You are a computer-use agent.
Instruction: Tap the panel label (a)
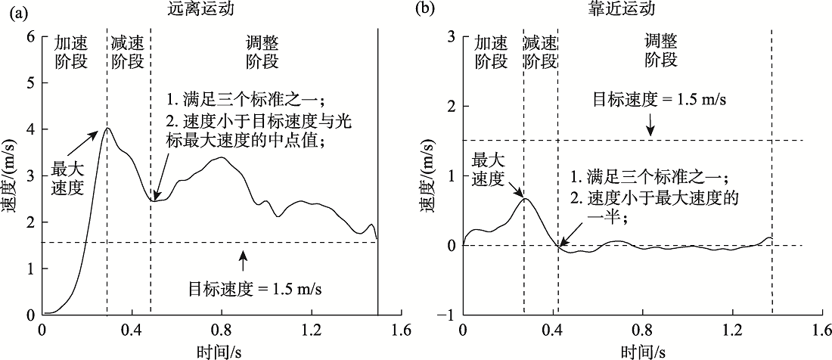click(14, 11)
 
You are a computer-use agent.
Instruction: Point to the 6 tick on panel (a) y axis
click(30, 36)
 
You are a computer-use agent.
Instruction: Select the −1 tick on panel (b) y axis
click(448, 315)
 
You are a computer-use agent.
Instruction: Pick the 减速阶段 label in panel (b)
click(540, 52)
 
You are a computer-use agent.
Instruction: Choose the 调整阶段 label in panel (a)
click(262, 52)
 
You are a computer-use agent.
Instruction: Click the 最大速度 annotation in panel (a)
click(67, 178)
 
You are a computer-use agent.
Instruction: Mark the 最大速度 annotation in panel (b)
click(488, 169)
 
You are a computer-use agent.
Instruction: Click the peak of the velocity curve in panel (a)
click(107, 129)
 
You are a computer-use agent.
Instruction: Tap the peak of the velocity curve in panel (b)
click(524, 198)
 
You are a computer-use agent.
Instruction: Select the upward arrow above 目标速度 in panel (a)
click(243, 261)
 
